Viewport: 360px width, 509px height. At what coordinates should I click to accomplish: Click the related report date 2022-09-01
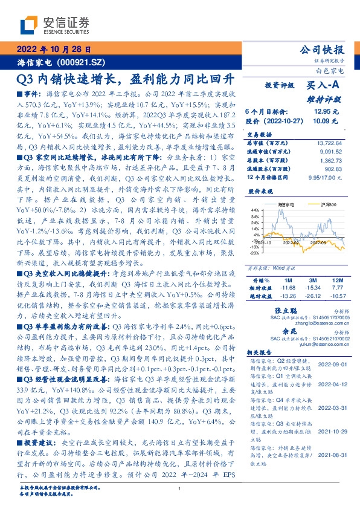point(331,365)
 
